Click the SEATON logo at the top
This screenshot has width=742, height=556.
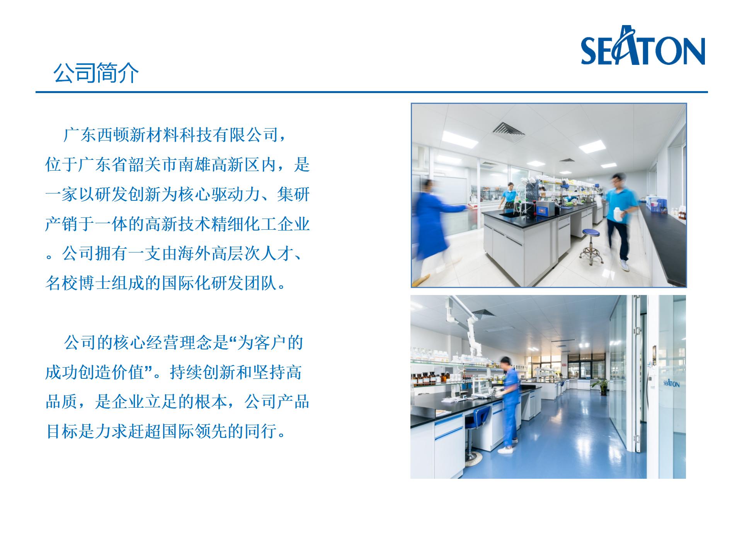point(643,46)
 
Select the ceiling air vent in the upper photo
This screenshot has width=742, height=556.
point(510,131)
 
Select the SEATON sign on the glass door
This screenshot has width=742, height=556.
point(671,383)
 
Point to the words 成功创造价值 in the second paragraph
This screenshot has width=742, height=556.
point(95,372)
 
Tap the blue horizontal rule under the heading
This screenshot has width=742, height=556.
point(372,92)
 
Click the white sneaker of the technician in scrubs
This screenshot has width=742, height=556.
point(505,450)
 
